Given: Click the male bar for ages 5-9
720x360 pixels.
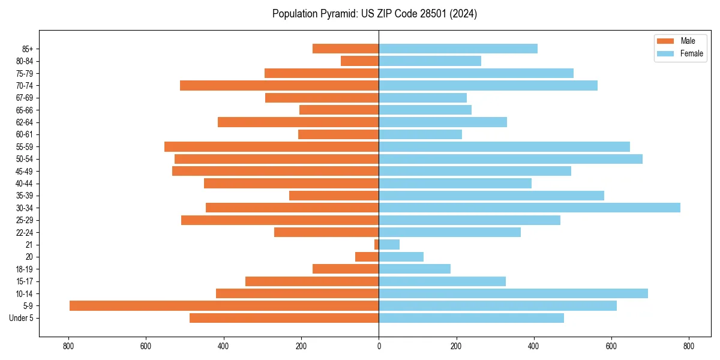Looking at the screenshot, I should pyautogui.click(x=224, y=305).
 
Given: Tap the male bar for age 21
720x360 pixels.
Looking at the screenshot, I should pyautogui.click(x=376, y=244).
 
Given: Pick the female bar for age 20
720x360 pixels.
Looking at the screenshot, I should pyautogui.click(x=401, y=257).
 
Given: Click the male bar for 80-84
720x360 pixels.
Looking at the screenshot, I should pyautogui.click(x=359, y=61).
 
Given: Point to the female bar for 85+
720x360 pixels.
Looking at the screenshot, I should pyautogui.click(x=458, y=49).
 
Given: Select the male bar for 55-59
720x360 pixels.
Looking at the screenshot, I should pyautogui.click(x=271, y=146).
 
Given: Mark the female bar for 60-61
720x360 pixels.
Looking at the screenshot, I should pyautogui.click(x=420, y=134).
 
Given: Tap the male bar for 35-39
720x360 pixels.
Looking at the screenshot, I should pyautogui.click(x=334, y=196).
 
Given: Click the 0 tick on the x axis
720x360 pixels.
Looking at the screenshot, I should pyautogui.click(x=379, y=346).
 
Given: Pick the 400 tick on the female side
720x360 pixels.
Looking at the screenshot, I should pyautogui.click(x=533, y=346).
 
